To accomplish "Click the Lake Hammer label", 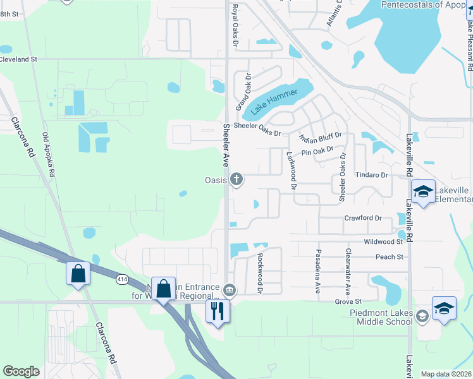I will (x=274, y=102).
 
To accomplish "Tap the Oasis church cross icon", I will (x=237, y=180).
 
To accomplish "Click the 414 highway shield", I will (x=123, y=278).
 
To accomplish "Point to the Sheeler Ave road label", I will (x=225, y=145).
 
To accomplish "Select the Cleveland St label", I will (x=19, y=59).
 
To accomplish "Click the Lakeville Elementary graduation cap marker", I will (x=422, y=191).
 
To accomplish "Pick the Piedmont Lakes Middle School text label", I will (x=381, y=317).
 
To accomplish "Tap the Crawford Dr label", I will (x=363, y=218).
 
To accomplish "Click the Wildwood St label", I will (x=383, y=241).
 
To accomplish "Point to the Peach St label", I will (x=390, y=257).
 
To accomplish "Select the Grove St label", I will (x=348, y=302).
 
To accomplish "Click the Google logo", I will (x=21, y=371).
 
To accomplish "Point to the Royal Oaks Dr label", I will (x=235, y=27).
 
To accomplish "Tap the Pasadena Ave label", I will (x=318, y=273).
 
